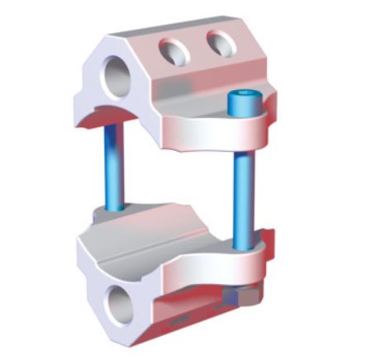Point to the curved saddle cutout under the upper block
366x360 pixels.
coord(124,124)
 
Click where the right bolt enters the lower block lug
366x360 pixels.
coord(245,245)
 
